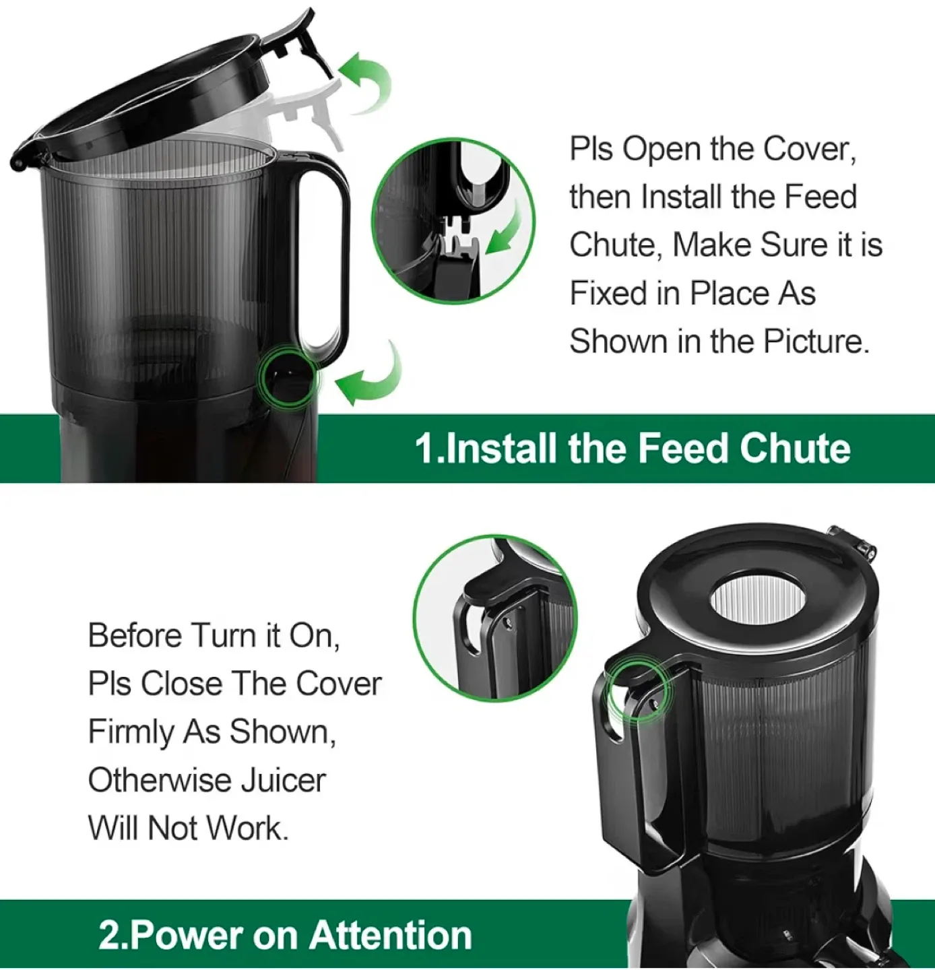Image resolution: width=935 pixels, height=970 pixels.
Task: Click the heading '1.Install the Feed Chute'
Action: [x=632, y=449]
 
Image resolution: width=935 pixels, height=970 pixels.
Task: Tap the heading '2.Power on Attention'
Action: [x=285, y=935]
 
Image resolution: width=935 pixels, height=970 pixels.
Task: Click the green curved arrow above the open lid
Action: [x=367, y=84]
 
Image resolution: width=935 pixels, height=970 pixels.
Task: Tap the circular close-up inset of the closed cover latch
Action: [x=495, y=618]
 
